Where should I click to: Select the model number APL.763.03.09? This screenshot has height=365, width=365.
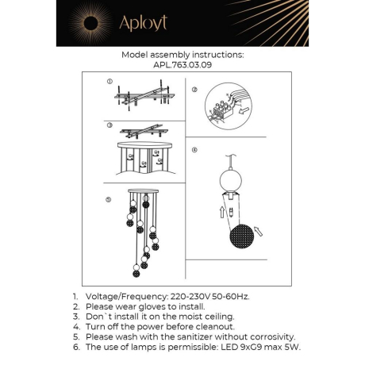182,66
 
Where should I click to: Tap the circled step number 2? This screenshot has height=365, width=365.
194,90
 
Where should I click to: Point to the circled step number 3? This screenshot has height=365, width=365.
109,125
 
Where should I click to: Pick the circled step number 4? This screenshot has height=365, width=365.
194,149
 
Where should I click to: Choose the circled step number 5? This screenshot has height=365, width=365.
109,199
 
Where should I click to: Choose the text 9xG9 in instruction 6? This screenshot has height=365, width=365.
248,347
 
